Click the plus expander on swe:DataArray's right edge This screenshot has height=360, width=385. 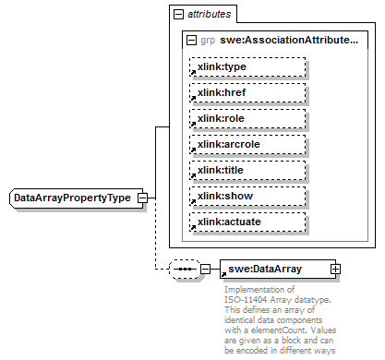335,269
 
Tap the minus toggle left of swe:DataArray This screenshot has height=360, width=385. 205,270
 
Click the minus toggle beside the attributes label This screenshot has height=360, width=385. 178,16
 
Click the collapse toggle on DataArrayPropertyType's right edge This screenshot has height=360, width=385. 142,198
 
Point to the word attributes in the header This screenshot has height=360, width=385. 210,16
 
